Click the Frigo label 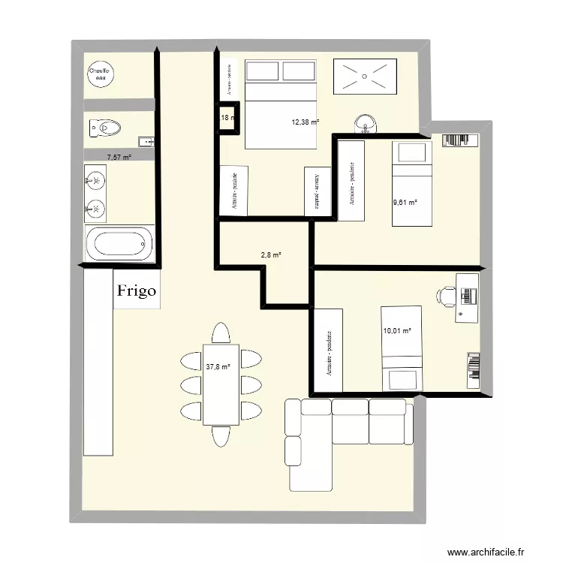coord(137,290)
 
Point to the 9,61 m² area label coord(405,202)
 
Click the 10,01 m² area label coord(397,330)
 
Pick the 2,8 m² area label coord(271,255)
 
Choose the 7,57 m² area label coord(119,158)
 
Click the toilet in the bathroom coord(104,128)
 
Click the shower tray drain coord(364,75)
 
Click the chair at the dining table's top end coord(221,333)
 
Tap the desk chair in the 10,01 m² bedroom coord(447,294)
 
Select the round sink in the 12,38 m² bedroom coord(366,122)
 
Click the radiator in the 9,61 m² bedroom coord(459,140)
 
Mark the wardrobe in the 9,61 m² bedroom coord(351,181)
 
